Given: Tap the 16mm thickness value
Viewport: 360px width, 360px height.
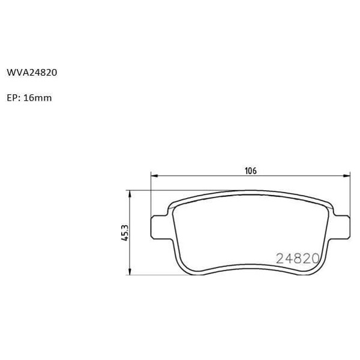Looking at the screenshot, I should (x=38, y=97).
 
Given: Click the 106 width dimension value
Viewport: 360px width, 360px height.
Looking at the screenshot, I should (x=250, y=170).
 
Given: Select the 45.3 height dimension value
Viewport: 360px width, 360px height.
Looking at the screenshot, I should (x=125, y=232).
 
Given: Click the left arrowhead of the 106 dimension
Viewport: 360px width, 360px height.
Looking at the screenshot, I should (x=153, y=176).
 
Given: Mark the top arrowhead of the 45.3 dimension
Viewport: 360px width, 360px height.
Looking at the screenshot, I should (x=130, y=194).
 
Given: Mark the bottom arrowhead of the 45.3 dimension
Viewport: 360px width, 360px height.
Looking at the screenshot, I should (x=130, y=271).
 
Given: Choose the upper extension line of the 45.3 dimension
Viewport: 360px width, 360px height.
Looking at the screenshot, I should (x=180, y=190).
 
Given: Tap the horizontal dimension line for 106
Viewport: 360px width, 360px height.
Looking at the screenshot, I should (x=204, y=176).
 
